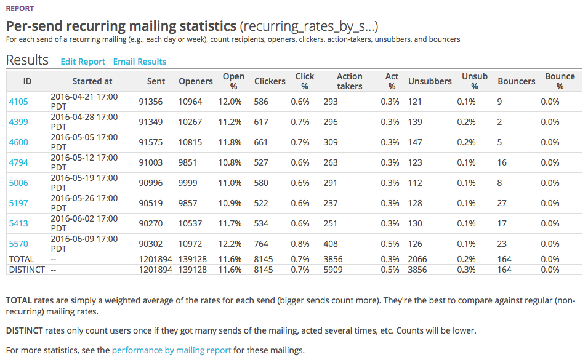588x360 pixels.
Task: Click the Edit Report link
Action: [x=83, y=62]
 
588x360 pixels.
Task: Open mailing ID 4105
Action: [x=18, y=102]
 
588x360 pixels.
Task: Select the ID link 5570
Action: [x=18, y=244]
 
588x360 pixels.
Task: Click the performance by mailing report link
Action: [x=171, y=350]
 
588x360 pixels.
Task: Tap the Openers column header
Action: [x=196, y=81]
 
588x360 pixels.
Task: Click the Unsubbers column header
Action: [x=430, y=81]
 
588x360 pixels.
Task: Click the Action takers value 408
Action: [x=331, y=244]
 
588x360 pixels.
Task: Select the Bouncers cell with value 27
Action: [x=502, y=203]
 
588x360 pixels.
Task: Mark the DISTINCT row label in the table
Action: [x=26, y=270]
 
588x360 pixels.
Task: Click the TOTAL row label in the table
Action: [x=22, y=260]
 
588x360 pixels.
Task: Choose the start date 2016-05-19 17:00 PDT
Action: [x=84, y=183]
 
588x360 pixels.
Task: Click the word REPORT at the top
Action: [x=20, y=9]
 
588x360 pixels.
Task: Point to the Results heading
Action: [x=27, y=60]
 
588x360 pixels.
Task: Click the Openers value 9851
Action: [x=190, y=162]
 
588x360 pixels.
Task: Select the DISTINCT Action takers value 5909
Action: [x=333, y=270]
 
